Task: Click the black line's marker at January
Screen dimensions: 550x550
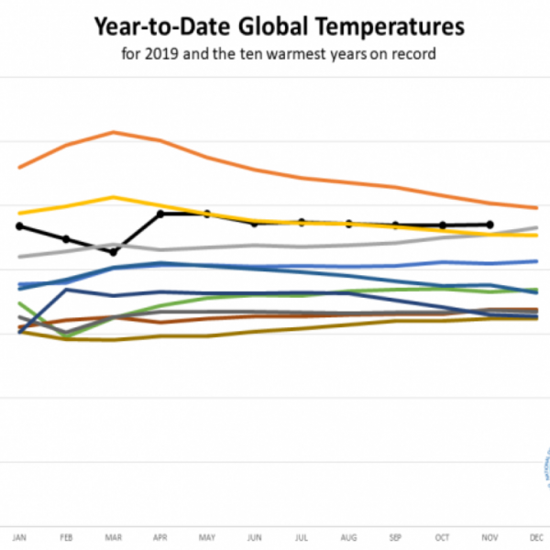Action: click(19, 225)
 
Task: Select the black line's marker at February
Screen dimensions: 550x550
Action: click(66, 238)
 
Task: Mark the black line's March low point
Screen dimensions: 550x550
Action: click(114, 252)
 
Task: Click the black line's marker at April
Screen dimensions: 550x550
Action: click(160, 214)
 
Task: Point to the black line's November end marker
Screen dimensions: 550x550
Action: click(489, 225)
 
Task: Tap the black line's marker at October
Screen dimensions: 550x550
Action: click(443, 225)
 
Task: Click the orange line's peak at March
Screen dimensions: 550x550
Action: click(114, 132)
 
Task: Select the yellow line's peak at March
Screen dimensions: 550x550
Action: click(114, 197)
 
